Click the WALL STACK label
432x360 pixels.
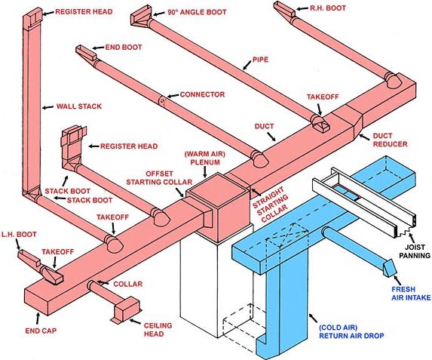point(79,106)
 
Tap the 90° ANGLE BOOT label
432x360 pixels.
point(197,12)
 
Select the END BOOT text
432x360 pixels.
point(124,48)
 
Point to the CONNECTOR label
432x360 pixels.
point(202,94)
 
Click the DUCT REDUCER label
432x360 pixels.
point(390,140)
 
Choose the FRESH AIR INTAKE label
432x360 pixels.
point(411,294)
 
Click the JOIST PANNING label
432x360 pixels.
point(415,251)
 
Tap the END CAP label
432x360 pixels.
point(41,331)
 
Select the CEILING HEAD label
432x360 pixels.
point(158,330)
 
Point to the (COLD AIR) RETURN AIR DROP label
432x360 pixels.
point(351,331)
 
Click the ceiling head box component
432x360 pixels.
point(127,309)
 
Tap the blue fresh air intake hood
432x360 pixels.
point(390,267)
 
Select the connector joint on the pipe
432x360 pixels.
point(162,101)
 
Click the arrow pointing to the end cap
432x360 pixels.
point(38,319)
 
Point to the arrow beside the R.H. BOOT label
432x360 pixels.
point(302,8)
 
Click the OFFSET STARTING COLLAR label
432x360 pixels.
point(159,178)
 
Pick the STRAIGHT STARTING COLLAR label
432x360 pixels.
point(271,205)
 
